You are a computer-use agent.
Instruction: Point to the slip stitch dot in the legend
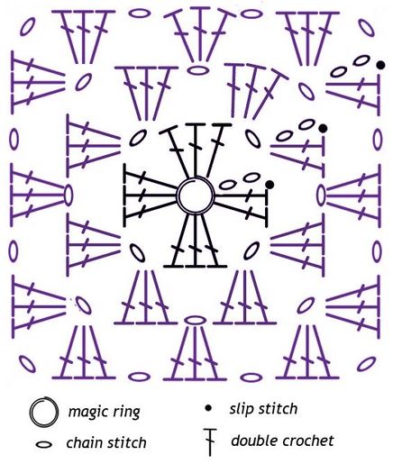[208, 408]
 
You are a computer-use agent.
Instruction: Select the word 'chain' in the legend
[85, 443]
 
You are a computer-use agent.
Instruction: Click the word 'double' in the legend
[254, 441]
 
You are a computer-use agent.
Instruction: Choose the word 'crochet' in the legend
[308, 441]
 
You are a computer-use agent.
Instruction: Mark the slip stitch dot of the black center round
[270, 184]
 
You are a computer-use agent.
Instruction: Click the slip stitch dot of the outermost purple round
[381, 65]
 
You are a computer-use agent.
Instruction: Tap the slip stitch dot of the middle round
[323, 129]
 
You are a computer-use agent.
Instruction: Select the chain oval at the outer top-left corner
[28, 26]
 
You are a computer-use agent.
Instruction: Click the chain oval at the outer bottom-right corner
[367, 364]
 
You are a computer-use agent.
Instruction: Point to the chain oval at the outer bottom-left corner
[27, 364]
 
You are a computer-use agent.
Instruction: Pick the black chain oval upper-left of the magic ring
[138, 138]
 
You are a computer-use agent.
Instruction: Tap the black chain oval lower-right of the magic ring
[251, 250]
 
